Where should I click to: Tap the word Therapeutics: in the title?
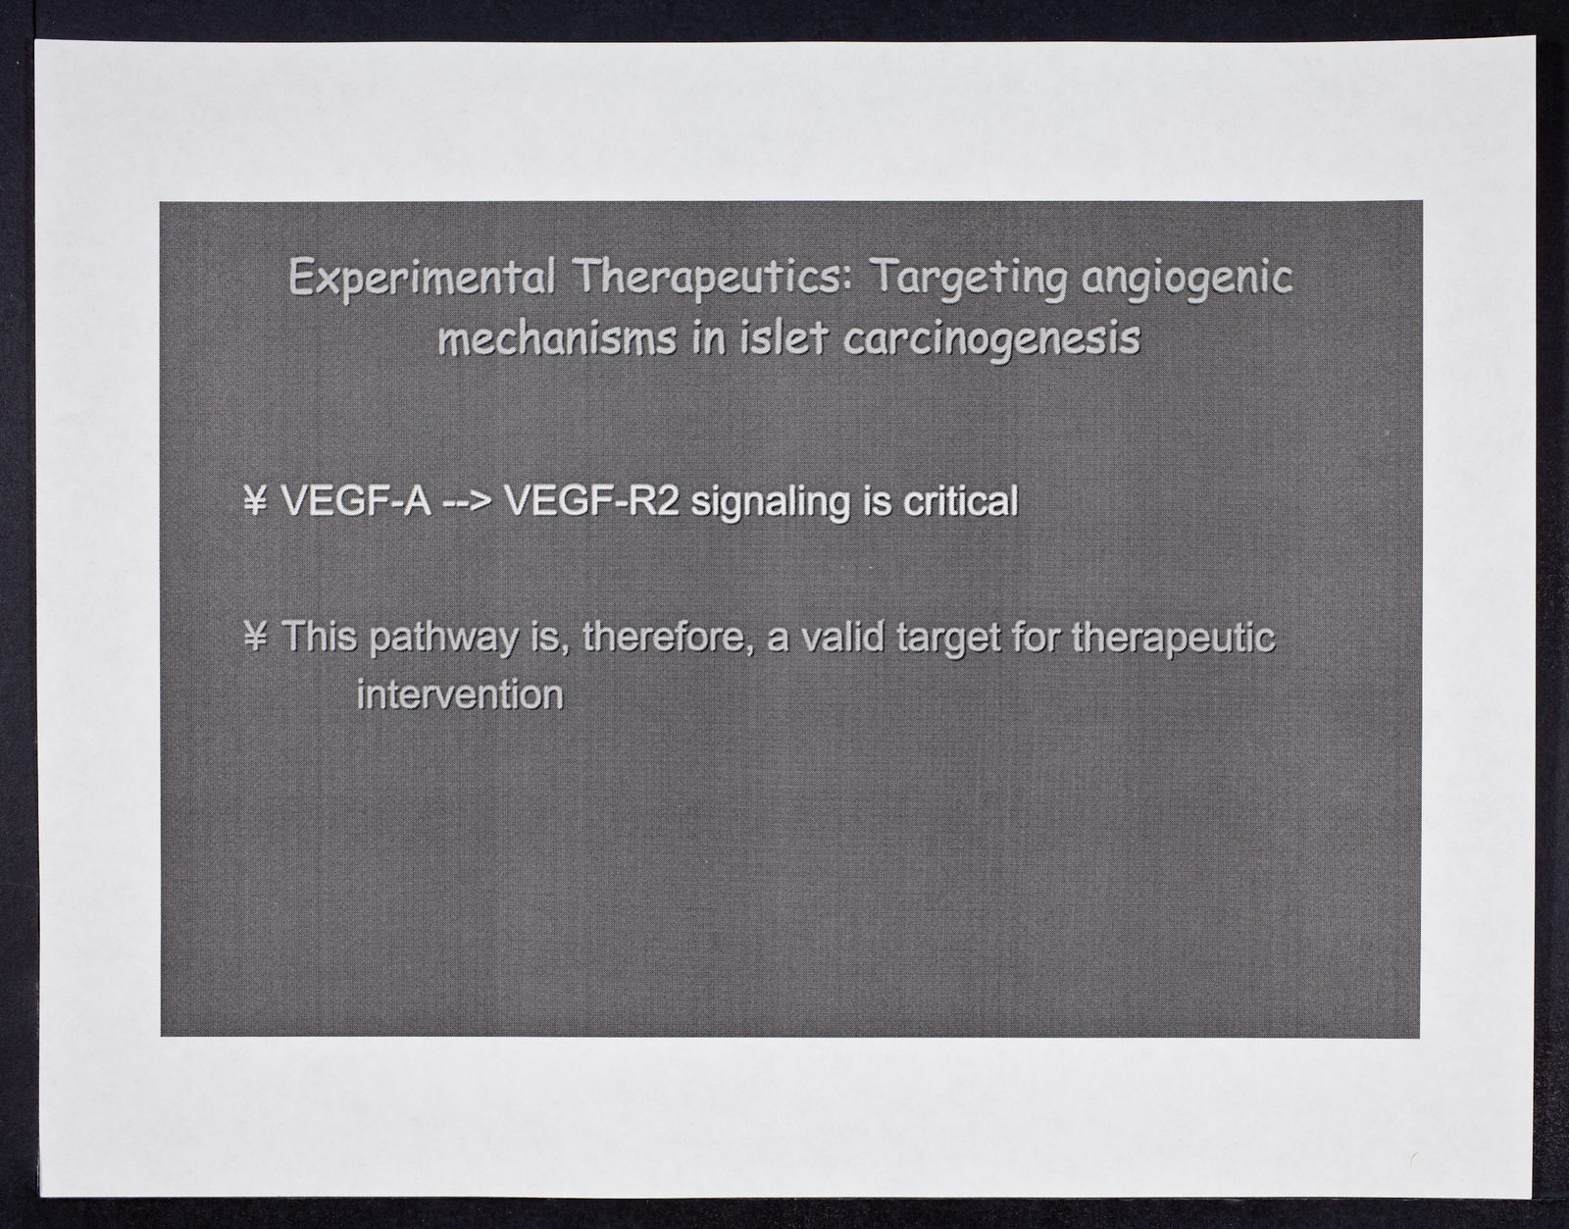[713, 277]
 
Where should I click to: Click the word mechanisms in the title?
[557, 338]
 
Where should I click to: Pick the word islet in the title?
[783, 338]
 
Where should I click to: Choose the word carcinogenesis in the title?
[990, 340]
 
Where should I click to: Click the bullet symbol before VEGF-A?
[256, 499]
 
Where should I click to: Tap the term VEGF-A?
[355, 499]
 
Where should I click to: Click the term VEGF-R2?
[591, 499]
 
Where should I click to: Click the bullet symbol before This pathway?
[256, 637]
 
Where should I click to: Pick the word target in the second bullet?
[949, 640]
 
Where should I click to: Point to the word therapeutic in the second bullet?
[1174, 640]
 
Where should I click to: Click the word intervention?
[460, 694]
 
